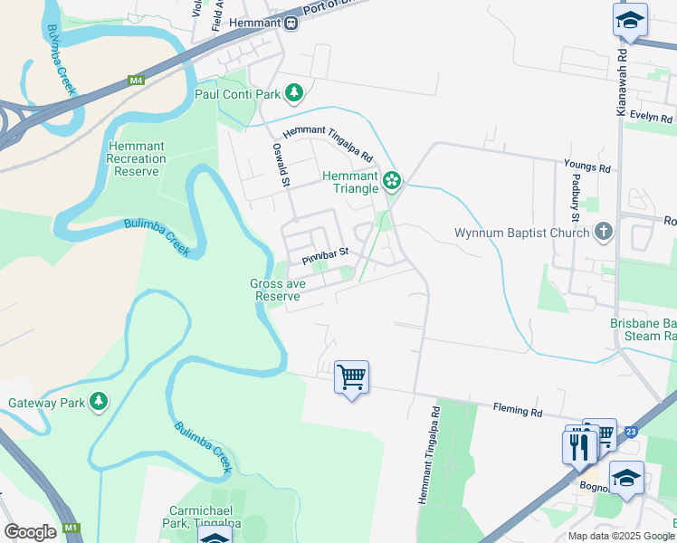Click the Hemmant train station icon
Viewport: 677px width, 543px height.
[x=291, y=23]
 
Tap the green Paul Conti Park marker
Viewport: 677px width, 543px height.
[x=293, y=92]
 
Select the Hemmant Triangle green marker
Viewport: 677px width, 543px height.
[x=391, y=181]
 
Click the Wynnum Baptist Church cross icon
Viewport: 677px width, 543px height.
[x=604, y=233]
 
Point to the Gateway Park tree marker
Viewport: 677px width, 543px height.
[x=98, y=401]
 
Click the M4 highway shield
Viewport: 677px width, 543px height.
[x=137, y=81]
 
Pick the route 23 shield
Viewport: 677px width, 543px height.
[x=630, y=431]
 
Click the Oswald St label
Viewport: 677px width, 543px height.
[x=281, y=165]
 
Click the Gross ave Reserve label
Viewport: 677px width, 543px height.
[x=277, y=290]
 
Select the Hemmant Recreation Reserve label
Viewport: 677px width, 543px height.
[x=137, y=158]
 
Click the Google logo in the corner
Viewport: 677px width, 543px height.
[x=30, y=532]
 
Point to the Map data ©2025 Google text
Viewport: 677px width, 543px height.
[x=620, y=536]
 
